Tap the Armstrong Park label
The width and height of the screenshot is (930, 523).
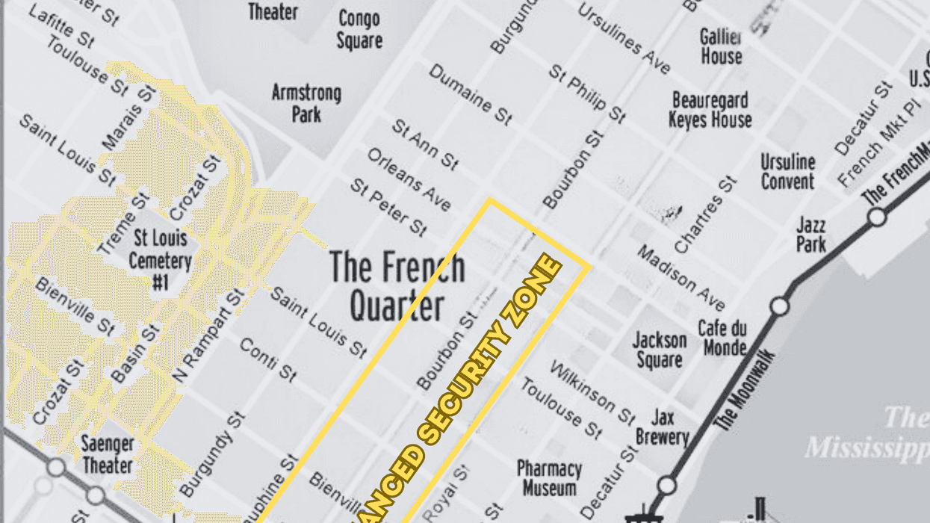pos(306,103)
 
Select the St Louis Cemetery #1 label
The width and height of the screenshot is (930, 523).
pos(160,260)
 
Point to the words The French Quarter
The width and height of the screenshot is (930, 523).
pos(397,285)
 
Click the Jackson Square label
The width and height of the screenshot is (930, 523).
pos(659,350)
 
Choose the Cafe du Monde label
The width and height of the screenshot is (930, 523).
pos(722,338)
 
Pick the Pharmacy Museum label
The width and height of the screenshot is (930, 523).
pos(549,478)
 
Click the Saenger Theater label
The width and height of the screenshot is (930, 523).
pos(108,454)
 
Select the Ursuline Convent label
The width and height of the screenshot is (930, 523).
pos(787,171)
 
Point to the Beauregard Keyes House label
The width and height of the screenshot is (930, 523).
pos(710,109)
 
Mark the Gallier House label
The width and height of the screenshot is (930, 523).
pos(721,46)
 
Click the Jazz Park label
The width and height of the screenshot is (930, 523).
pos(811,234)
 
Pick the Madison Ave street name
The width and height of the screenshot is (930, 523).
pos(681,277)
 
